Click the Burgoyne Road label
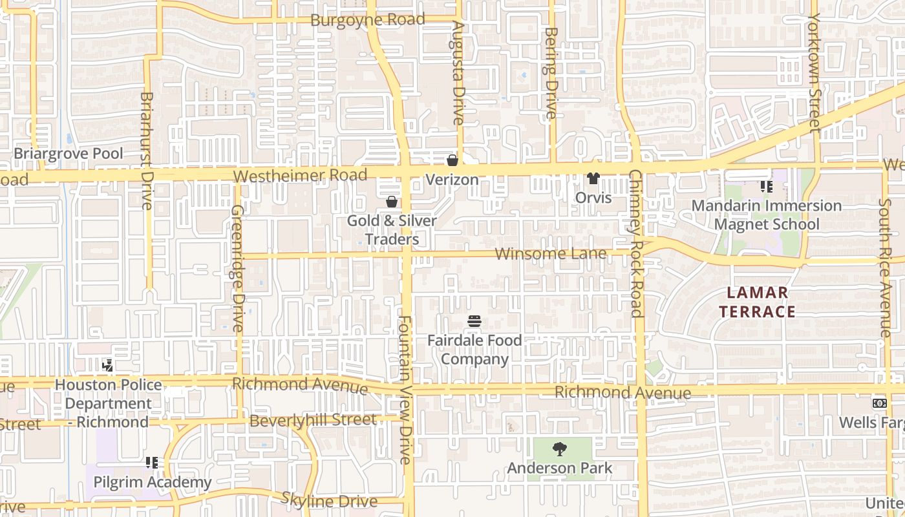coord(367,19)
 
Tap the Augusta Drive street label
coord(458,73)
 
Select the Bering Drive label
coord(551,73)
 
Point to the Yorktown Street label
coord(814,72)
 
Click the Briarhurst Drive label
coord(147,151)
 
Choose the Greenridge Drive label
coord(237,268)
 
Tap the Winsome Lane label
coord(551,253)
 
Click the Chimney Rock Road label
coord(636,244)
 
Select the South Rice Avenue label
coord(884,267)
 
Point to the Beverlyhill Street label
coord(313,420)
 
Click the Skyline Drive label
coord(329,500)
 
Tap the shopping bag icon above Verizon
coord(452,160)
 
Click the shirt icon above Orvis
coord(593,178)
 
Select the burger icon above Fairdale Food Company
coord(474,321)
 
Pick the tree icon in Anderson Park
coord(560,448)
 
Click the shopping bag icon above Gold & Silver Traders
coord(391,202)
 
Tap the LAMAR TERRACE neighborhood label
coord(757,302)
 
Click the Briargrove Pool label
coord(69,154)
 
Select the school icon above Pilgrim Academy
coord(152,462)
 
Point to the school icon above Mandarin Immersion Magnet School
coord(767,187)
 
